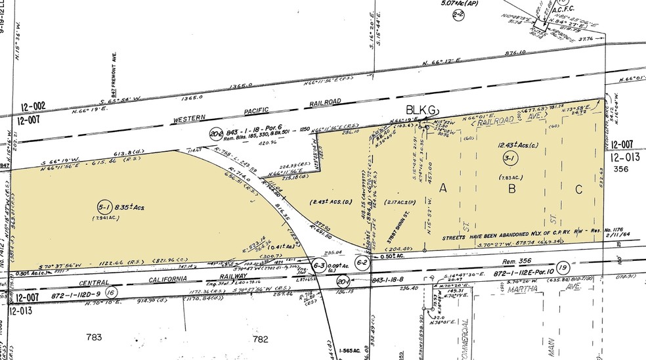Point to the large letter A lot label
click(443, 189)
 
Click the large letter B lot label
click(510, 189)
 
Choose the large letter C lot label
click(578, 189)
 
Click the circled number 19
click(561, 268)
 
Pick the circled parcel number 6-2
click(362, 261)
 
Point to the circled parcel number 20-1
click(341, 281)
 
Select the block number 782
click(261, 338)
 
